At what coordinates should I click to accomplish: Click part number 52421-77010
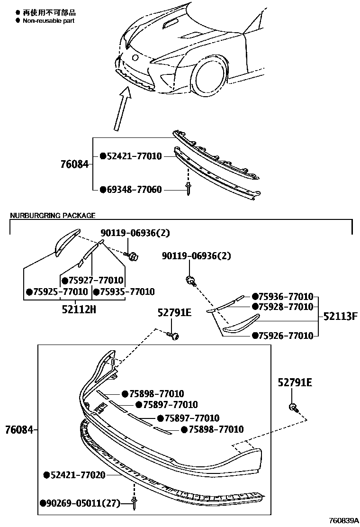tap(134, 156)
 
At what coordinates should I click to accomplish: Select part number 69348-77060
tap(134, 190)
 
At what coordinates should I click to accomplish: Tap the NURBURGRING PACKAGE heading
tap(53, 216)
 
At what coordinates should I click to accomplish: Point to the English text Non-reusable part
tap(49, 21)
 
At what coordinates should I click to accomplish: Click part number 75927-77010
tap(99, 280)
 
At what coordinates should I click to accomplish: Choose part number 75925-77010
tap(60, 291)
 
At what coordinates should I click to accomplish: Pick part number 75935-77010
tap(127, 291)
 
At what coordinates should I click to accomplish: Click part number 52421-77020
tap(78, 474)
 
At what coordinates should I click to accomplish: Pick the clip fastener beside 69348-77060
tap(188, 189)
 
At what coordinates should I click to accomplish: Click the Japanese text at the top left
tap(49, 13)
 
